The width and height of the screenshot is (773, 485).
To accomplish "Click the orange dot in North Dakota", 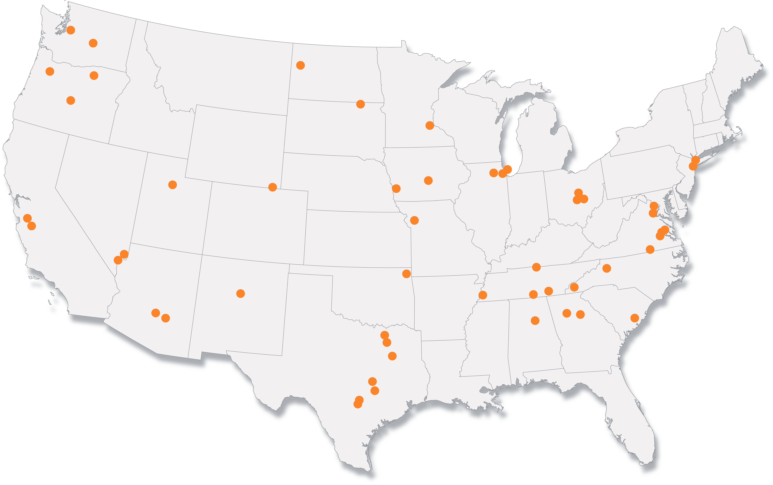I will [300, 65].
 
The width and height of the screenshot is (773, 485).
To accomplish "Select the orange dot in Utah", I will [173, 185].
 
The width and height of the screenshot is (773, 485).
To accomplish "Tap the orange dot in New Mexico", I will [241, 293].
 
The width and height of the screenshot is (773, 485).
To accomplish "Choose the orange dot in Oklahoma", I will [406, 274].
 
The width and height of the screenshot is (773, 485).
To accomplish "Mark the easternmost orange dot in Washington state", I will [93, 43].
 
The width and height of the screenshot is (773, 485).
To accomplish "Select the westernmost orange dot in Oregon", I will [50, 71].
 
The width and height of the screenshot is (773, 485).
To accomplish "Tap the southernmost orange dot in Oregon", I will [70, 100].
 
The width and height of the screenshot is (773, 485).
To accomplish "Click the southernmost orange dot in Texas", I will [358, 404].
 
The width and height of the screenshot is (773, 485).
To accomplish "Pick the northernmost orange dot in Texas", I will [385, 335].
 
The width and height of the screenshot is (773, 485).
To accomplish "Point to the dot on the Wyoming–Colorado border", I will [273, 187].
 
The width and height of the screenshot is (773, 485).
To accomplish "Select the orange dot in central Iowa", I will [428, 181].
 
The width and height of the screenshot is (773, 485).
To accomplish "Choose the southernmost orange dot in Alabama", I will [535, 320].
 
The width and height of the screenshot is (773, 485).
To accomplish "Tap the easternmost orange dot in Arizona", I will [165, 318].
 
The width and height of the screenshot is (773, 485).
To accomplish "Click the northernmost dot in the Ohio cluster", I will [578, 193].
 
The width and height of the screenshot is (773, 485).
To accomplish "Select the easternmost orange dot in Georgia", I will [580, 314].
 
